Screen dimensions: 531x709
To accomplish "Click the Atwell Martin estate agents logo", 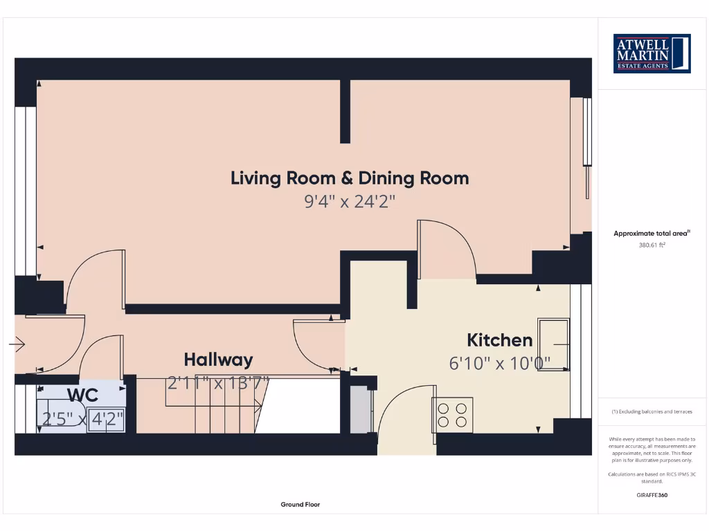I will pos(652,53).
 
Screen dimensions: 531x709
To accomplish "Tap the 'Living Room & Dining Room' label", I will pos(350,178).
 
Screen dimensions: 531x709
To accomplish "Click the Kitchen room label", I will pos(499,340).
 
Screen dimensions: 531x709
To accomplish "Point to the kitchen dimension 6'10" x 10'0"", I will pos(499,363).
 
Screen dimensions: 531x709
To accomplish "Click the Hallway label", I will pos(218,360).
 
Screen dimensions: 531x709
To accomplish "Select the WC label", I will pos(82,395).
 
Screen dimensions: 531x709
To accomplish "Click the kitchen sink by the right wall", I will pos(554,344).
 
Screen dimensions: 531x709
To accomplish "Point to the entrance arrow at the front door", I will pos(18,344).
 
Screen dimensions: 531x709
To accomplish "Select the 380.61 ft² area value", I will pos(652,245).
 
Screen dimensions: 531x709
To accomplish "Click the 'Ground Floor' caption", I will pos(300,505).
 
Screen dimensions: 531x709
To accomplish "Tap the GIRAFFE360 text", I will pos(652,495).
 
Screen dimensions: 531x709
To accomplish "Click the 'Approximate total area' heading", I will pos(651,234).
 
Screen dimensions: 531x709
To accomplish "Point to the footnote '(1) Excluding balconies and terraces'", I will pos(652,411).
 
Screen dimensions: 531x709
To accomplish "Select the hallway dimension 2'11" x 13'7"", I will pos(218,382).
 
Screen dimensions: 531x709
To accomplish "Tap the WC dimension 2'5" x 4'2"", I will pos(83,418).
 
